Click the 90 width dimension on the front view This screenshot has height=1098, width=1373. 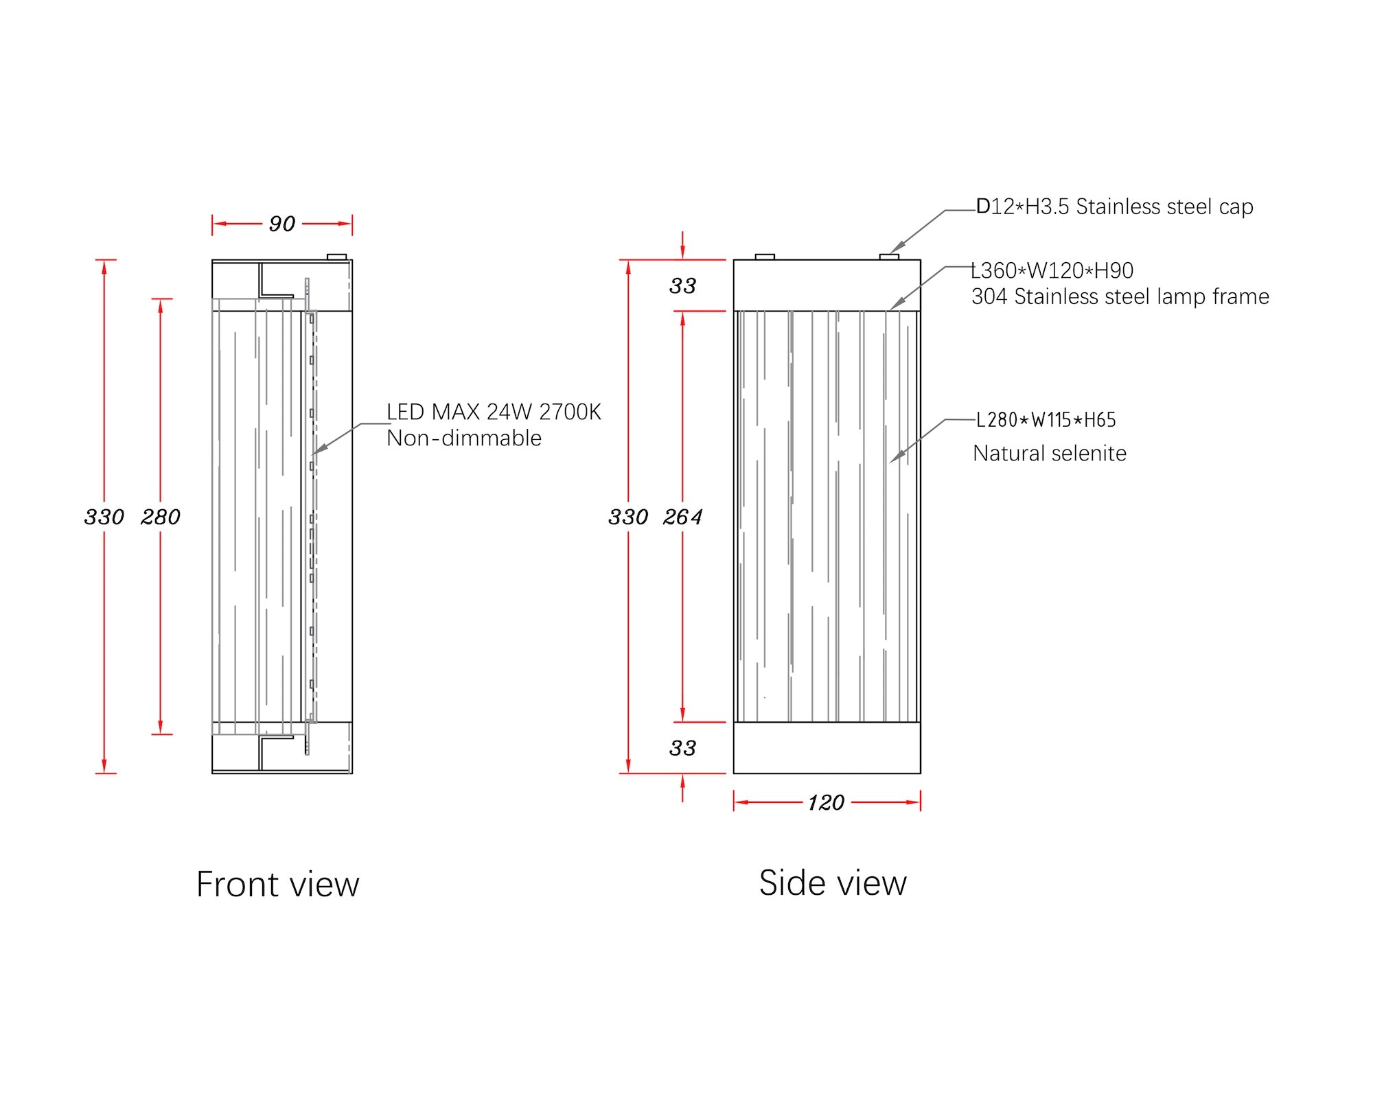point(282,224)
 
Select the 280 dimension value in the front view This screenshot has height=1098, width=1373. point(161,517)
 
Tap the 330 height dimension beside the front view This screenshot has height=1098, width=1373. point(104,517)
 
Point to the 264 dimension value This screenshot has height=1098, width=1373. point(682,517)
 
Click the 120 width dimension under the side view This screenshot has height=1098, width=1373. point(826,802)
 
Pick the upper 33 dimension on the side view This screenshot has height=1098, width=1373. point(682,285)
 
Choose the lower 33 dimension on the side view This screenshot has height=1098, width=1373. point(682,748)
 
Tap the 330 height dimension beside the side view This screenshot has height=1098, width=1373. point(628,517)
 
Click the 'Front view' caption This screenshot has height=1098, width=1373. point(277,884)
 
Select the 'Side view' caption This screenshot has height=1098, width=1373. point(833,883)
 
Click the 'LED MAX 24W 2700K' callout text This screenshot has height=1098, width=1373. point(494,412)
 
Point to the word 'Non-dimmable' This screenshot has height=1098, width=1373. point(464,438)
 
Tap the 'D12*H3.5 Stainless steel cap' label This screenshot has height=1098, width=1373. point(1115,207)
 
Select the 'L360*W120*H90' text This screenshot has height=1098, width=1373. point(1052,270)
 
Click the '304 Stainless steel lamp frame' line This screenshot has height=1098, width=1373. point(1120,296)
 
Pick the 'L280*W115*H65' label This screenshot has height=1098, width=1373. point(1046,419)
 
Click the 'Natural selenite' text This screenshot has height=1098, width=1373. point(1050,453)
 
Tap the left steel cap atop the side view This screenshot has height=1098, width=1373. point(765,257)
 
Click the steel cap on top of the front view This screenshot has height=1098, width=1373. point(337,257)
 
